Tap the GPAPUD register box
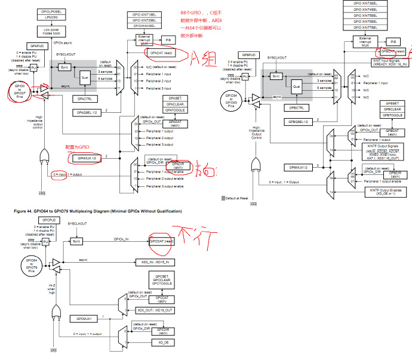pyautogui.click(x=33, y=45)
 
